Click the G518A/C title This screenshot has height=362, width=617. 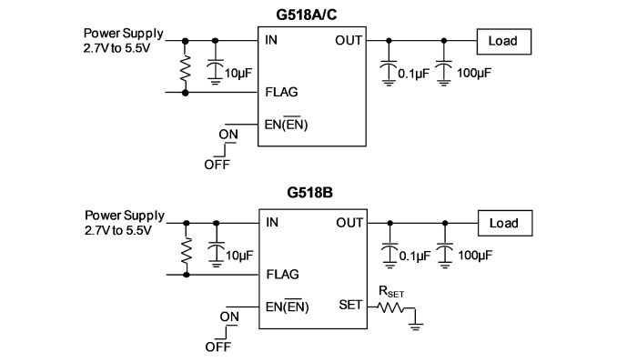[307, 15]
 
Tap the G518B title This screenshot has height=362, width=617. [309, 193]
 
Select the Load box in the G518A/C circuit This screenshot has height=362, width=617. [503, 41]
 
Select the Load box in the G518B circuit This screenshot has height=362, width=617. [505, 223]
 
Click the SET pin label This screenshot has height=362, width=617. [350, 305]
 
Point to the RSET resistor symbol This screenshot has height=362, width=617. [390, 307]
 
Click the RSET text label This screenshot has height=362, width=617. [391, 292]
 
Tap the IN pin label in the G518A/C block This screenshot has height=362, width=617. [271, 40]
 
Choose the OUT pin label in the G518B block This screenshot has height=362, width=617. [349, 223]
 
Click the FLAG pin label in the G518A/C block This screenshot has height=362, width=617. [281, 92]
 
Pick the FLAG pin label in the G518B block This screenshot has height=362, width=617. [282, 275]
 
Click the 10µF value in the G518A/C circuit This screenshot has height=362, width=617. [238, 73]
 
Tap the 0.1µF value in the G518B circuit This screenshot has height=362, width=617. [415, 256]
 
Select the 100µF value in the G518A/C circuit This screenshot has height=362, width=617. [474, 73]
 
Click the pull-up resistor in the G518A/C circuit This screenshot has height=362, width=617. [185, 67]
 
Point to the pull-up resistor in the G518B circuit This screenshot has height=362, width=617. [187, 250]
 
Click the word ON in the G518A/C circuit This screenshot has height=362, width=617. [228, 135]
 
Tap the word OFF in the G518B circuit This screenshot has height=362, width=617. [217, 347]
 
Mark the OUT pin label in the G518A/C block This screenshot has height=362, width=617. [349, 40]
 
